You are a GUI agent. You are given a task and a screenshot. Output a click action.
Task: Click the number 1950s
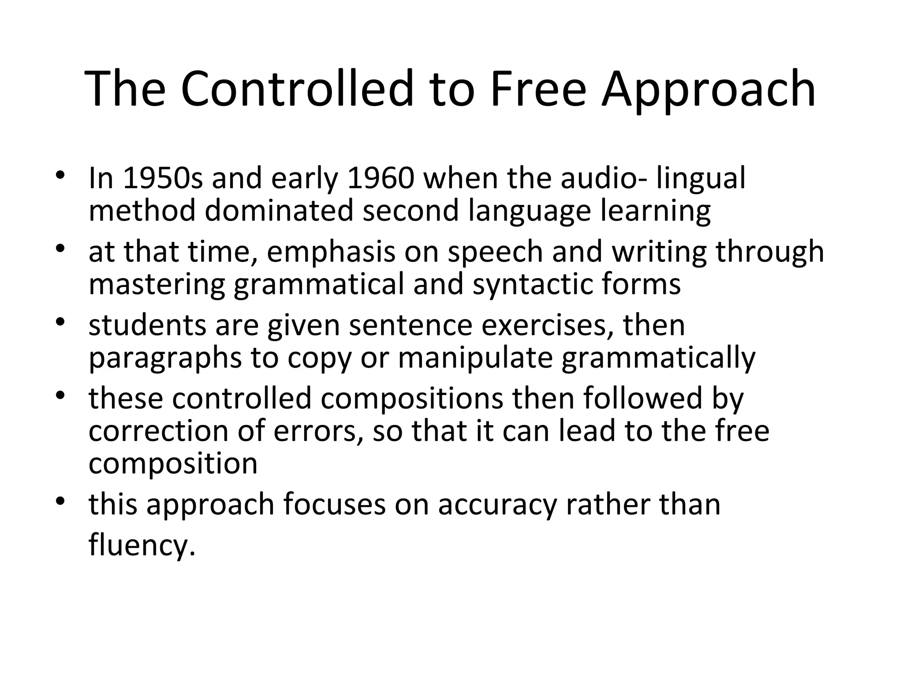click(163, 179)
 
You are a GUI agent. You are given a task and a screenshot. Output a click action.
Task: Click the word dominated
click(279, 211)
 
